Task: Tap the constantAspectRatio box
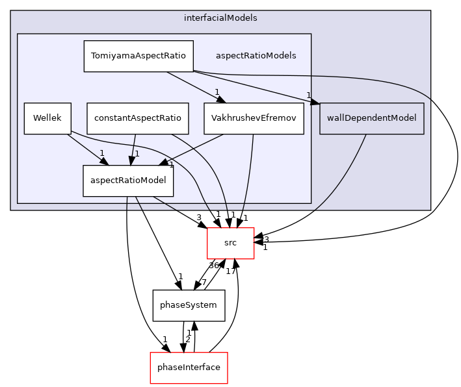click(x=138, y=119)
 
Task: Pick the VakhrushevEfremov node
click(x=254, y=119)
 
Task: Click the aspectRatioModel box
click(x=128, y=181)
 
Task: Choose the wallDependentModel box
click(x=371, y=118)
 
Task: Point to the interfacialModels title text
click(x=220, y=18)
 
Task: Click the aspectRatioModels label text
click(x=256, y=56)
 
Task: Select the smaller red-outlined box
click(x=230, y=243)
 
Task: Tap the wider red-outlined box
click(x=189, y=368)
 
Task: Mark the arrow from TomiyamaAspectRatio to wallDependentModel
click(x=254, y=86)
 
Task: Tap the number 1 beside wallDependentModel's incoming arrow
click(x=309, y=95)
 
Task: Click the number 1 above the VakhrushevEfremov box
click(x=217, y=92)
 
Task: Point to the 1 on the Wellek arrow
click(x=101, y=153)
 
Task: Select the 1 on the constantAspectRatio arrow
click(x=137, y=154)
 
